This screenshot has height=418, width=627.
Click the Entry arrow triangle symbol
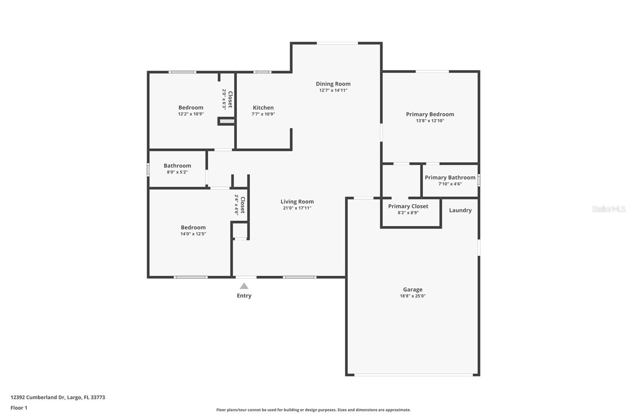tap(244, 286)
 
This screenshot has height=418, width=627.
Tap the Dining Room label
tap(333, 84)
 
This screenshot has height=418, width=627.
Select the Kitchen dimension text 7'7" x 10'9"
tap(263, 114)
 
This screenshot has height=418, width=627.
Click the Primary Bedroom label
tap(430, 114)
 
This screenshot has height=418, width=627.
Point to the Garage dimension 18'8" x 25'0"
tap(413, 296)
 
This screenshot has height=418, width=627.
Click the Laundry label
tap(460, 210)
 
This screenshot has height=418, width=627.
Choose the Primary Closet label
tap(408, 206)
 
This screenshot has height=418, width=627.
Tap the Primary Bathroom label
tap(450, 178)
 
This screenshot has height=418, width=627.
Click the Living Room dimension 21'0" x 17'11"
tap(297, 208)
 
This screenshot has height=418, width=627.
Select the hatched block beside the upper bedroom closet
tap(227, 122)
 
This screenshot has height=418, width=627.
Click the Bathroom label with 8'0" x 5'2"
tap(177, 166)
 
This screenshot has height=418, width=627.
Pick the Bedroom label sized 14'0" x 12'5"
tap(193, 227)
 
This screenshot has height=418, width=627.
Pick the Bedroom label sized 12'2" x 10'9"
tap(191, 107)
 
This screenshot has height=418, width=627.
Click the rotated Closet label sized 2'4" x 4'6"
tap(243, 205)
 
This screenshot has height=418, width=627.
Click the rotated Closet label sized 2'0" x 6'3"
tap(230, 99)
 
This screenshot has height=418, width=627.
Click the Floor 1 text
tap(19, 408)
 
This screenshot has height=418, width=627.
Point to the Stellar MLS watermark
tap(608, 209)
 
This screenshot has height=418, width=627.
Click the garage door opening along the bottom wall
tap(413, 375)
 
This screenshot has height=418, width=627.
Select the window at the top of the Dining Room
tap(337, 43)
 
